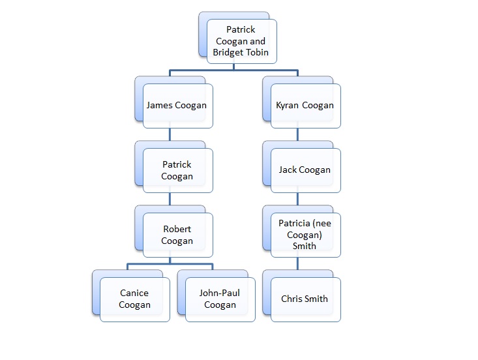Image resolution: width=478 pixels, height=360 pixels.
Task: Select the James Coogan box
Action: tap(177, 105)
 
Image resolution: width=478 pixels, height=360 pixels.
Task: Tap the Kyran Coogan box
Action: tap(305, 105)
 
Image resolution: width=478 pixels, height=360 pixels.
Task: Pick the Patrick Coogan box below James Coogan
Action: tap(177, 170)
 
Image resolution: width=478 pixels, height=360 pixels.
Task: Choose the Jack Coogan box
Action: tap(305, 170)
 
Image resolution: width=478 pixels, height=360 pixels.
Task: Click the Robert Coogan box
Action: tap(177, 235)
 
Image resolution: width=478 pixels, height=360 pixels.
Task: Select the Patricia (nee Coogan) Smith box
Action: tap(305, 235)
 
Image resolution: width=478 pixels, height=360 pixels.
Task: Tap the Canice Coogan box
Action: tap(135, 299)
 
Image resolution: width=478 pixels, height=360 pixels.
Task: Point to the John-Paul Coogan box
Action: tap(220, 299)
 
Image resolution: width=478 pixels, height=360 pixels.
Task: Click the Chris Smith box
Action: tap(305, 299)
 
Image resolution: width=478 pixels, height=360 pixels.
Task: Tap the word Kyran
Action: tap(288, 105)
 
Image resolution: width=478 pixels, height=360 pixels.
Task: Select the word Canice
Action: tap(134, 293)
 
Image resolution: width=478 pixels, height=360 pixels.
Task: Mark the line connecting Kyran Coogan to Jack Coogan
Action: tap(298, 135)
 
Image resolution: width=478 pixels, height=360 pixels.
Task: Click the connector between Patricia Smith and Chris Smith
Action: tap(298, 264)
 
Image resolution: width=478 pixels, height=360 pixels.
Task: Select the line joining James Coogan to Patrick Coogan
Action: tap(170, 135)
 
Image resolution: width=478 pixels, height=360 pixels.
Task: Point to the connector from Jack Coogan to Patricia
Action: tap(298, 200)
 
